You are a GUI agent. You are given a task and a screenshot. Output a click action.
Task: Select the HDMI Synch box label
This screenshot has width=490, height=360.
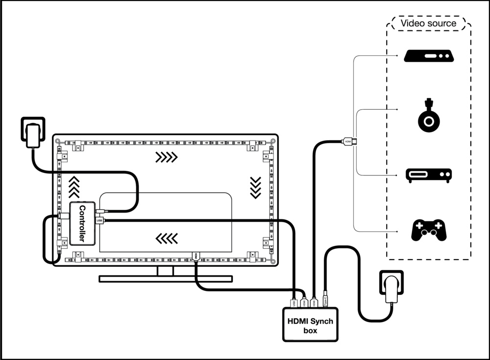(310, 325)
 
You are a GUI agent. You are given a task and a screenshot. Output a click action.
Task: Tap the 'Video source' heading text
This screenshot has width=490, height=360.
(428, 23)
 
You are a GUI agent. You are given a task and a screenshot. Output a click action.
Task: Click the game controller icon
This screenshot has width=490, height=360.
(428, 230)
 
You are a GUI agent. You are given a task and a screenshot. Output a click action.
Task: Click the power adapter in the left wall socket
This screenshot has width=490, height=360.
(33, 134)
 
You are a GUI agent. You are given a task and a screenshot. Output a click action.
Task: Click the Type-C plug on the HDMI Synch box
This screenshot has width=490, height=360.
(325, 301)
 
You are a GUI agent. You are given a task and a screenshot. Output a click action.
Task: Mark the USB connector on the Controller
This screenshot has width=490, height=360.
(100, 221)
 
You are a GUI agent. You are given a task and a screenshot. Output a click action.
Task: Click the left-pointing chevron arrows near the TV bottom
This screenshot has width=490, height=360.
(166, 238)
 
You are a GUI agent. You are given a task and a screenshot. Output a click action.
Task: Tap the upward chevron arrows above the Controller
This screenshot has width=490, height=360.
(73, 186)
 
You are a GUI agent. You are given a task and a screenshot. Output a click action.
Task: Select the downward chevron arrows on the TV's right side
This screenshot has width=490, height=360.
(255, 187)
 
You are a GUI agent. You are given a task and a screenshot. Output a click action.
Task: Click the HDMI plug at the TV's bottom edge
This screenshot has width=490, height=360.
(196, 256)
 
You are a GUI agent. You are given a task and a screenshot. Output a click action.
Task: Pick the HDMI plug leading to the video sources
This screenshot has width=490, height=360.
(348, 142)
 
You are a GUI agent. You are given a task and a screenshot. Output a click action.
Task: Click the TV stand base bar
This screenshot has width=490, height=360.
(165, 279)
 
